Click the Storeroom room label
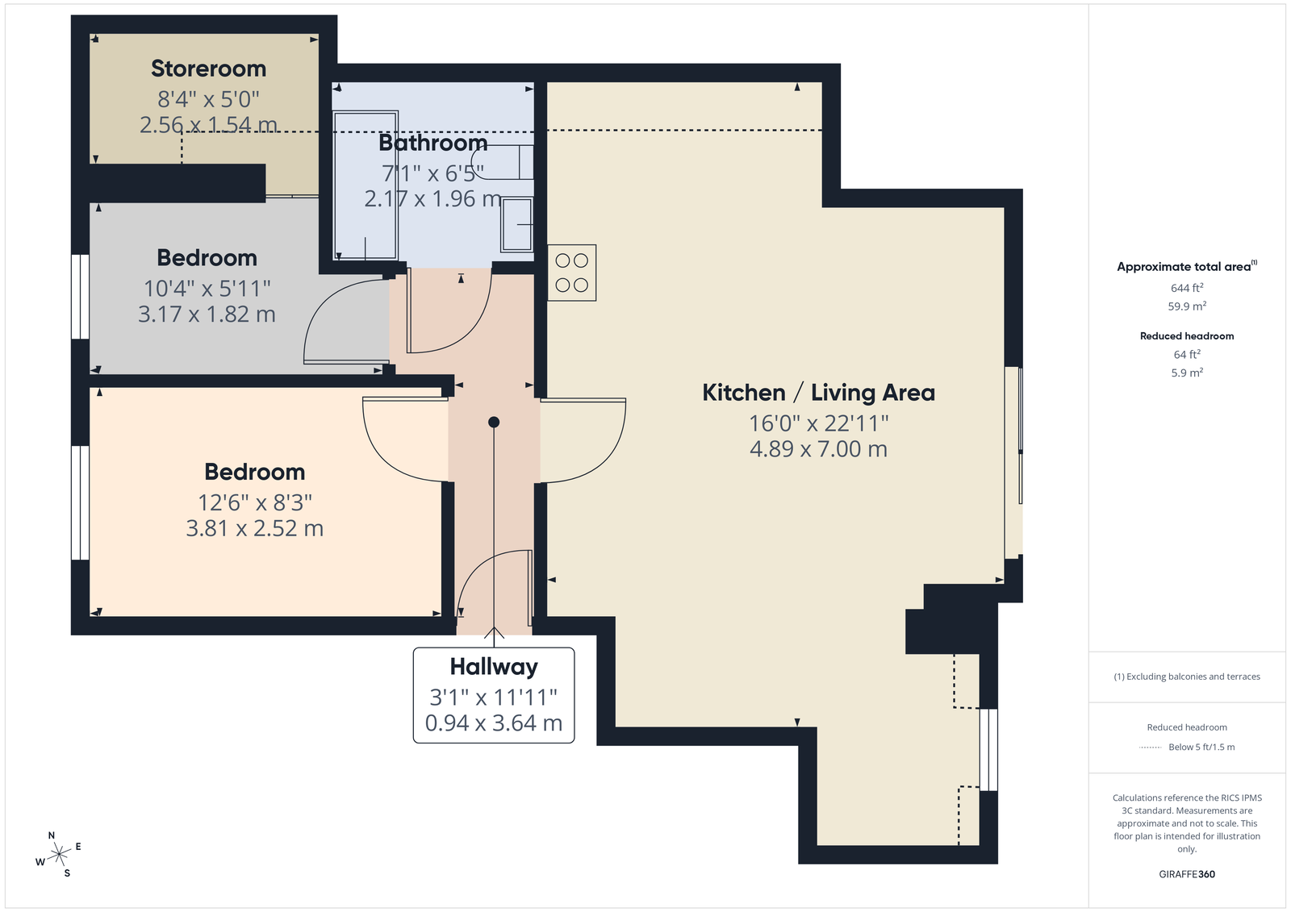[x=208, y=69]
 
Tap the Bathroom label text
[x=432, y=143]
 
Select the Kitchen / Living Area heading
[x=818, y=393]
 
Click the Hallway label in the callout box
[x=494, y=667]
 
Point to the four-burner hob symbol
[x=572, y=273]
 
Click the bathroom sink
[x=516, y=225]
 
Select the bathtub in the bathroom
[x=366, y=185]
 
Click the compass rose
[x=58, y=855]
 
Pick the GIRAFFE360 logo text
[x=1187, y=874]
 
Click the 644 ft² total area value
[x=1187, y=288]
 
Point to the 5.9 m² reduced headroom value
[x=1187, y=373]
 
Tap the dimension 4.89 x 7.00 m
[x=818, y=449]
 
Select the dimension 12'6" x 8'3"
[x=255, y=502]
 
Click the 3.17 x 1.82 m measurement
[x=207, y=314]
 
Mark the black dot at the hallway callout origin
[x=493, y=423]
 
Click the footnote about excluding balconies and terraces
[x=1187, y=677]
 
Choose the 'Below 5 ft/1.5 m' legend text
[x=1201, y=747]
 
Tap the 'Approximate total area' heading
[x=1187, y=266]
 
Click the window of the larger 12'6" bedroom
[x=80, y=502]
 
